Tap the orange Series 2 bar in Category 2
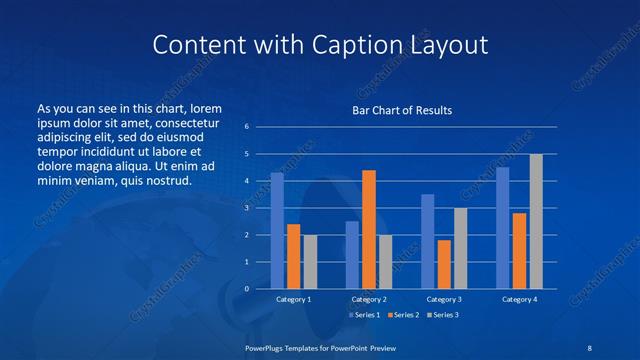369,229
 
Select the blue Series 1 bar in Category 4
503,227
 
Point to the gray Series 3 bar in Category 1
310,261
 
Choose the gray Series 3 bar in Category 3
460,248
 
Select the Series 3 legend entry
442,315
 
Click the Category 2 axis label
368,299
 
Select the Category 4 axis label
519,299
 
